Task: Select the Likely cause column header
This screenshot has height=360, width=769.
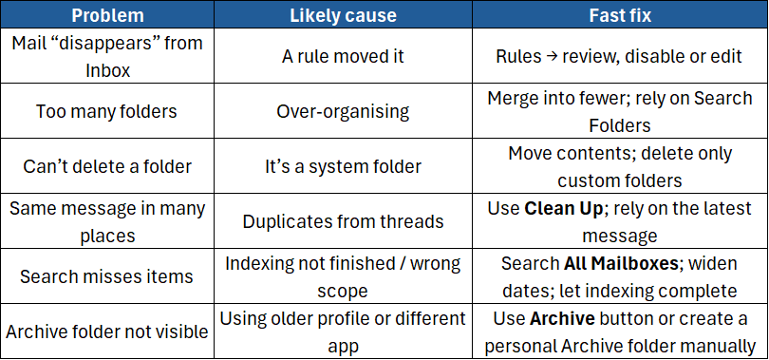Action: (343, 15)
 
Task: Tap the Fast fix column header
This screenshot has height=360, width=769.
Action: (618, 15)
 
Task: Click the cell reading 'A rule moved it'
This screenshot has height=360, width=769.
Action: (343, 56)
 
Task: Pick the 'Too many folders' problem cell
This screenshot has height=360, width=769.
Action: (106, 111)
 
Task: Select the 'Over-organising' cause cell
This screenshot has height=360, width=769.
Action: (343, 111)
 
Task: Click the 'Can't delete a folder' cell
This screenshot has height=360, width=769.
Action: (106, 166)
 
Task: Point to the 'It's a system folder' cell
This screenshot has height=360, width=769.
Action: (343, 166)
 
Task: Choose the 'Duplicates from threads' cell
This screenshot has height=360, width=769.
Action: (343, 221)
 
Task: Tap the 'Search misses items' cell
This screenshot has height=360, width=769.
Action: (106, 276)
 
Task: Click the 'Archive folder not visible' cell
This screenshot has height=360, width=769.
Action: (106, 332)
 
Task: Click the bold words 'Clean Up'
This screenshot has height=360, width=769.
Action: (564, 208)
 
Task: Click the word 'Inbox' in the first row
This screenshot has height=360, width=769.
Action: (106, 68)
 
